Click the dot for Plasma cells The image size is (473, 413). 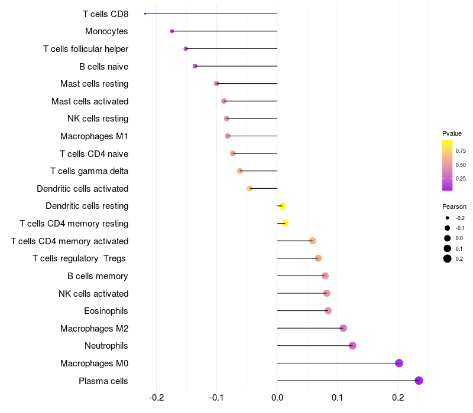419,381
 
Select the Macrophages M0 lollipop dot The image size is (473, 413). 399,363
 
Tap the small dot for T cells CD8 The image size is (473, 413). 145,14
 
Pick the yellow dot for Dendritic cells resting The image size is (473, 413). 282,206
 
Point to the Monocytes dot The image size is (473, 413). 172,31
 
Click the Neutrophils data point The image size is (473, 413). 352,346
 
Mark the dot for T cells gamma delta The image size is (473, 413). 240,171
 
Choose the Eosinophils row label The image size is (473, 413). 106,311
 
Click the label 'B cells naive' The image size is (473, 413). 104,67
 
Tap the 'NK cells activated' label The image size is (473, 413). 93,294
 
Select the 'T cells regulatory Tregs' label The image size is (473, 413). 80,258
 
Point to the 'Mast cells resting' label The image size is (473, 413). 95,84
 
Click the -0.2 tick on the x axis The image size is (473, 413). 156,397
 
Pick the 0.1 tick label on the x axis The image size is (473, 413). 338,397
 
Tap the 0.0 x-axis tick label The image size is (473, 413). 277,397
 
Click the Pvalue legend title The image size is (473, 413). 452,133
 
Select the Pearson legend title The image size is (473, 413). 454,207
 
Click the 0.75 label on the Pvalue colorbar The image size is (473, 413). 461,151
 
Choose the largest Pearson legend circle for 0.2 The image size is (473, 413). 448,258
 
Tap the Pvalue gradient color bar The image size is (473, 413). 448,165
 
